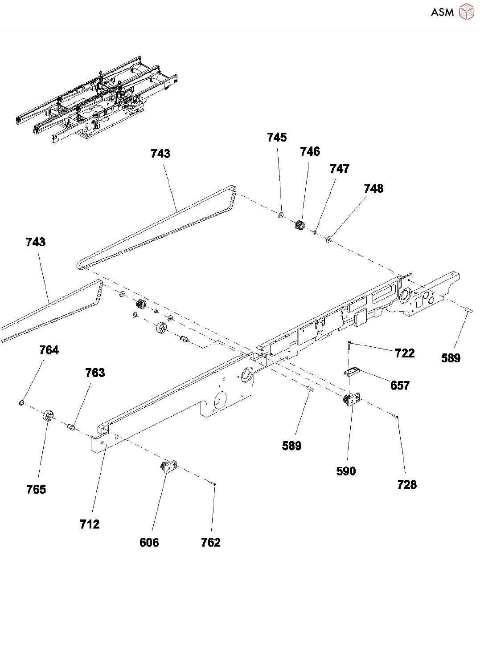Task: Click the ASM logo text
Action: tap(442, 12)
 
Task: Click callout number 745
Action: tap(277, 138)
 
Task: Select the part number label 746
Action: tap(310, 152)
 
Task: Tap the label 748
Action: tap(373, 189)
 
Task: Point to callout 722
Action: tap(405, 353)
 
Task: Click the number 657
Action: tap(400, 385)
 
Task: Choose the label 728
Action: tap(407, 485)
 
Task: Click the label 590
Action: tap(346, 471)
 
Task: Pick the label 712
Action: tap(90, 524)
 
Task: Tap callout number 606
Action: tap(149, 543)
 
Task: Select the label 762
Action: tap(210, 543)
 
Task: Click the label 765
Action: tap(36, 490)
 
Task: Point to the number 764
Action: tap(49, 350)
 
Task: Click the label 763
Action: tap(95, 373)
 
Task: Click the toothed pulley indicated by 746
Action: tap(299, 225)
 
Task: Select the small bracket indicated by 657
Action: tap(352, 371)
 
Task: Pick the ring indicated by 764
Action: tap(21, 403)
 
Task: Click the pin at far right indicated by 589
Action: tap(468, 310)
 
